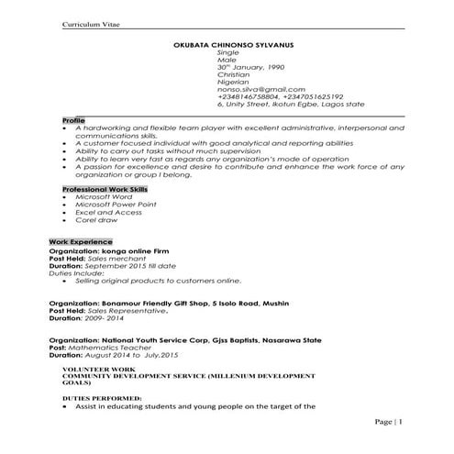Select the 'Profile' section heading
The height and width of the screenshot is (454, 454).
pos(73,120)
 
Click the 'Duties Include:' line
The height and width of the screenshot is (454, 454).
pos(76,274)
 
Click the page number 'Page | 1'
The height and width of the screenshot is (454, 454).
pos(388,421)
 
